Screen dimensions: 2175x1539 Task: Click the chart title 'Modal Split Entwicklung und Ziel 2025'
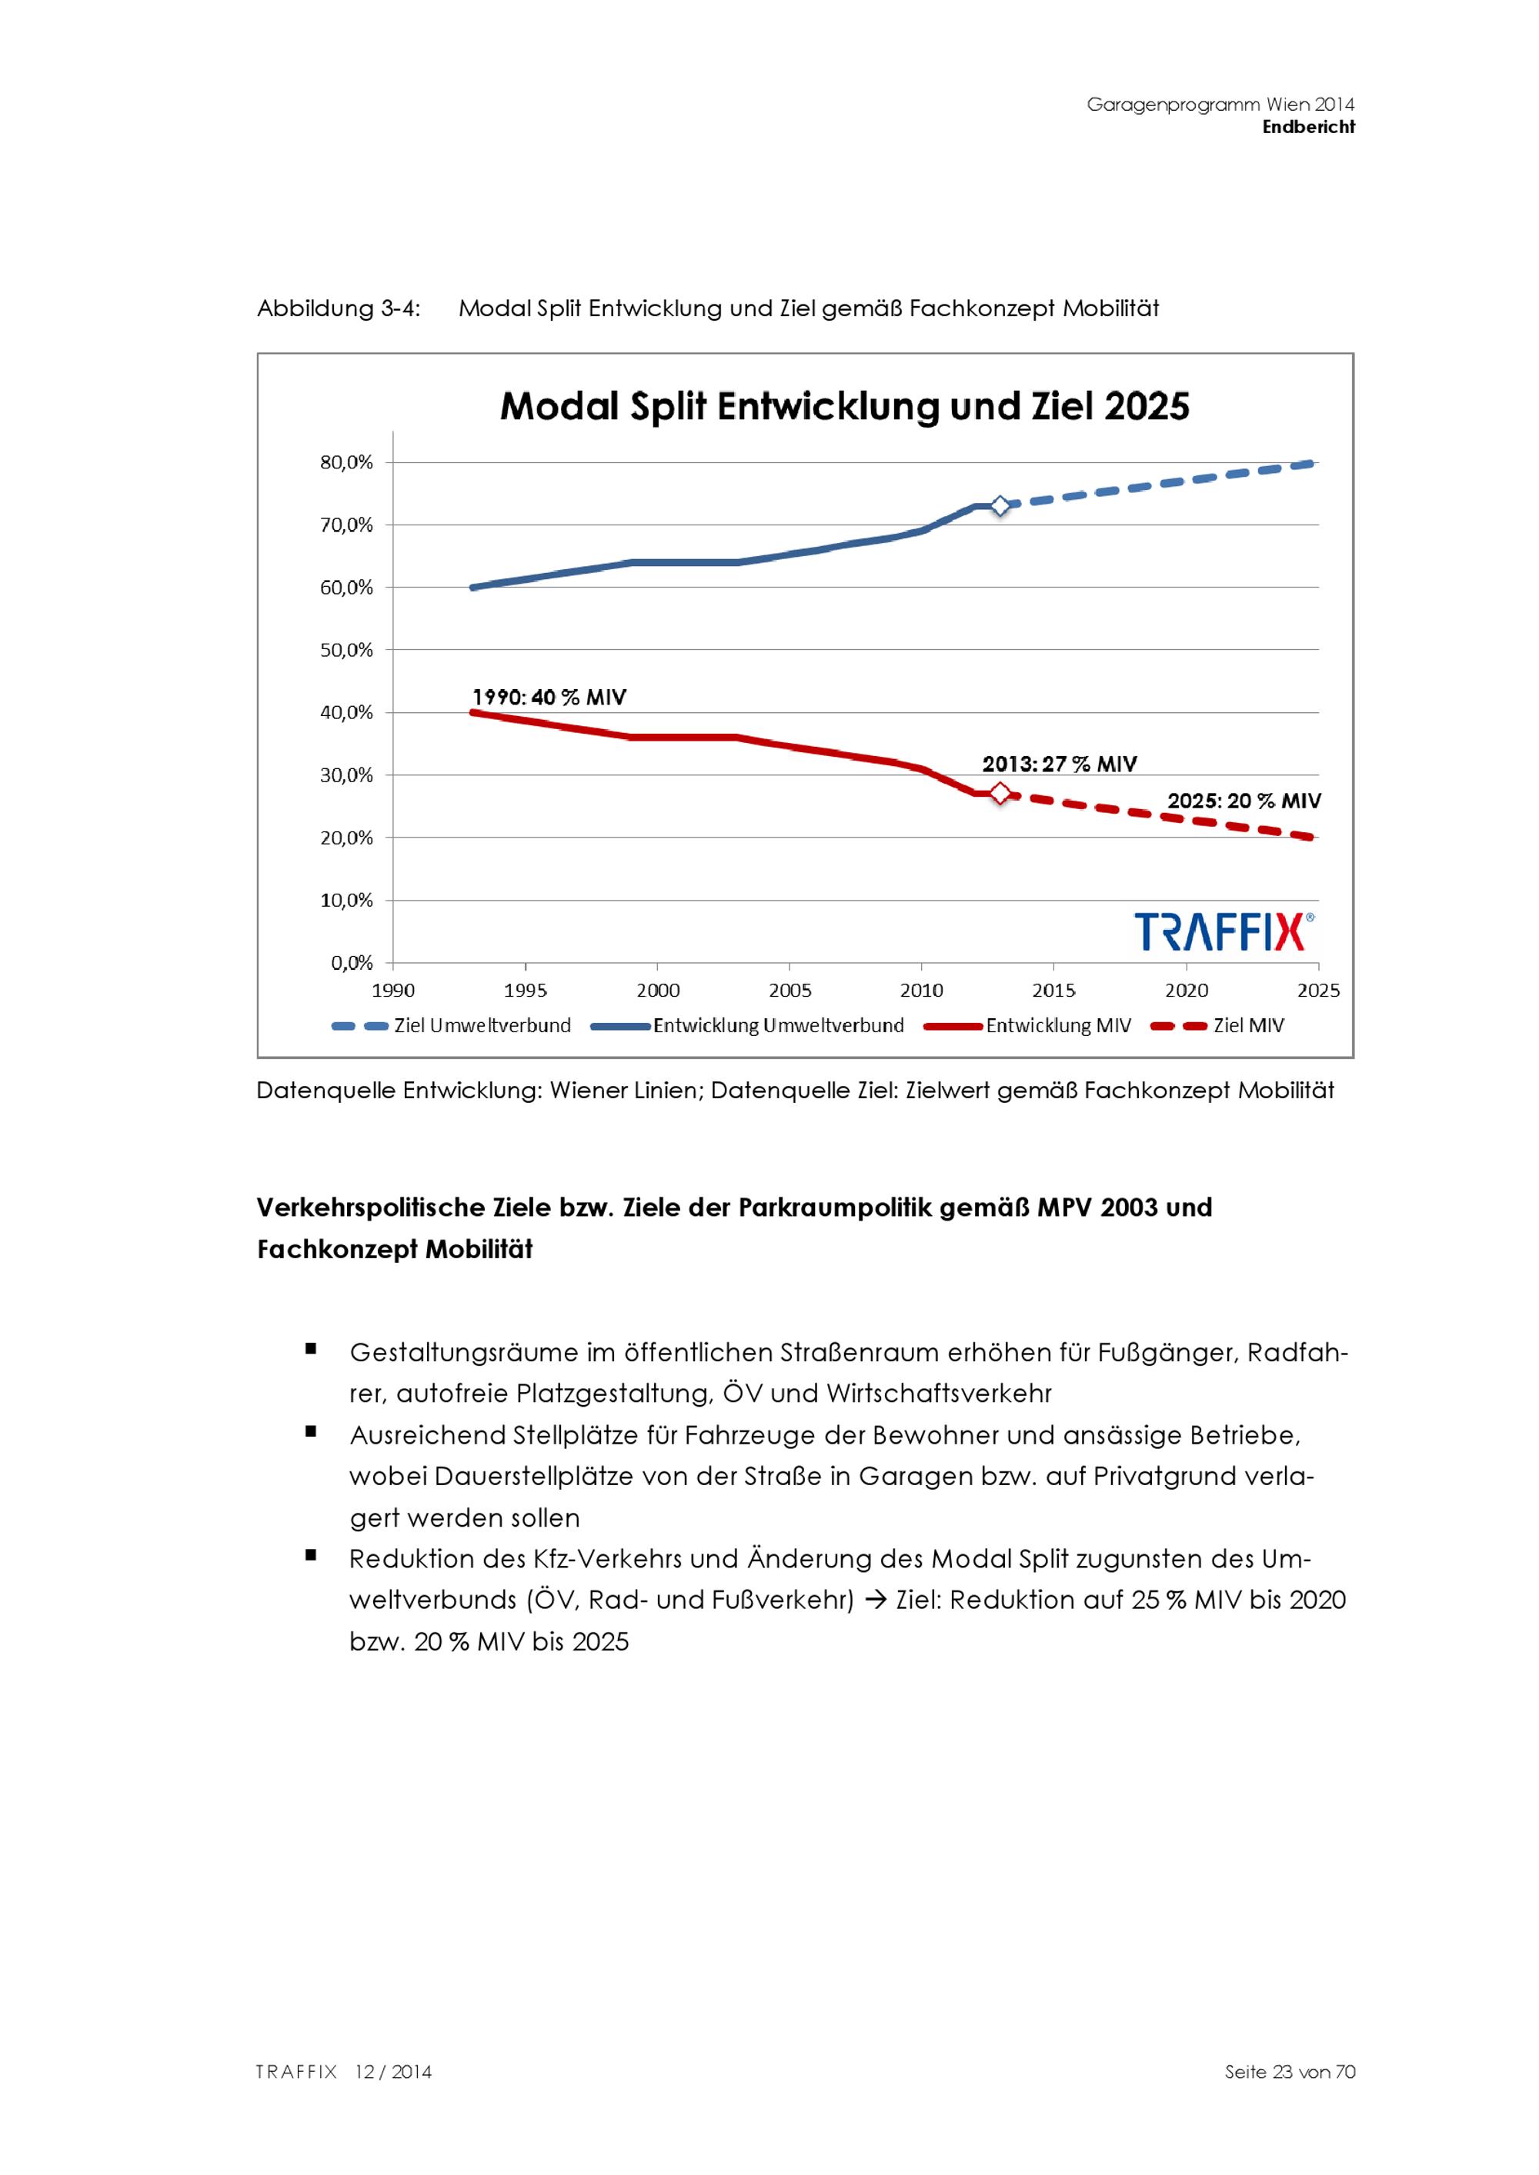click(843, 406)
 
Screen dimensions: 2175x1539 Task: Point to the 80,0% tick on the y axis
click(347, 462)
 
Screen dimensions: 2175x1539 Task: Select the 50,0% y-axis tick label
click(347, 650)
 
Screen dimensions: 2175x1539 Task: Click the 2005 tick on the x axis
click(790, 990)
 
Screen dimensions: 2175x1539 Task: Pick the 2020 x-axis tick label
click(1186, 990)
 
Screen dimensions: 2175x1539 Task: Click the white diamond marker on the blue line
click(1000, 506)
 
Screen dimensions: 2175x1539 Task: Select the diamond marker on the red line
click(1000, 794)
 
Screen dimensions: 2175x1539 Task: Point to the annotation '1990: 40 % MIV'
click(549, 698)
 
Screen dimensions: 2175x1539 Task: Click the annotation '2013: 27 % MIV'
click(1059, 764)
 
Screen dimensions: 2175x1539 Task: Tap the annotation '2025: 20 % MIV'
click(1244, 801)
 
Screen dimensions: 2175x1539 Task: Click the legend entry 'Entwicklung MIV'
click(1057, 1026)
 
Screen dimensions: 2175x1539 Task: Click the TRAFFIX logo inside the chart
click(1224, 931)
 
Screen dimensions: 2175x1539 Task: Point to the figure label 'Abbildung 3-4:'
click(339, 309)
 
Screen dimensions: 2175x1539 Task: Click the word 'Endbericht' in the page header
click(1308, 127)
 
